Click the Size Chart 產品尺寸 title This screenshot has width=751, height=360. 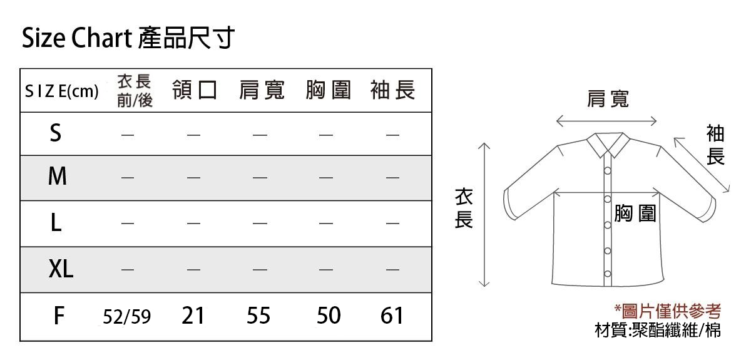pyautogui.click(x=128, y=38)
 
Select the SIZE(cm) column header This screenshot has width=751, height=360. pyautogui.click(x=62, y=91)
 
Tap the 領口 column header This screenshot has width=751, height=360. pyautogui.click(x=195, y=90)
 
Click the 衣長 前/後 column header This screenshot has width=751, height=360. pyautogui.click(x=135, y=91)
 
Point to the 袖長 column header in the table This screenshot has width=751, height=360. pyautogui.click(x=392, y=90)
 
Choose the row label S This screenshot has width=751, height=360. pyautogui.click(x=56, y=133)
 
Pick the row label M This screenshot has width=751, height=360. pyautogui.click(x=58, y=176)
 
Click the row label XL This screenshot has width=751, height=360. pyautogui.click(x=61, y=269)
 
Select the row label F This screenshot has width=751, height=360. pyautogui.click(x=59, y=316)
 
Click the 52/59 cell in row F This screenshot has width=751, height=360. pyautogui.click(x=126, y=316)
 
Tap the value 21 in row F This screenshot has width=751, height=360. pyautogui.click(x=193, y=316)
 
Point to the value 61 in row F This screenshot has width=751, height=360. pyautogui.click(x=392, y=316)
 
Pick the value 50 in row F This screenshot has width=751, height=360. pyautogui.click(x=329, y=316)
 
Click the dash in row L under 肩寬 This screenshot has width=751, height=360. pyautogui.click(x=260, y=223)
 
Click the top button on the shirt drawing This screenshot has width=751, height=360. pyautogui.click(x=608, y=171)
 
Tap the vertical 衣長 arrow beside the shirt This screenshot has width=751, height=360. pyautogui.click(x=484, y=215)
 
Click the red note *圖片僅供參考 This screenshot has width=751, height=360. pyautogui.click(x=667, y=311)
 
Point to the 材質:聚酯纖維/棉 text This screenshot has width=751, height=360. pyautogui.click(x=658, y=330)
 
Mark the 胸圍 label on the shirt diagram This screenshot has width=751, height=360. pyautogui.click(x=635, y=213)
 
